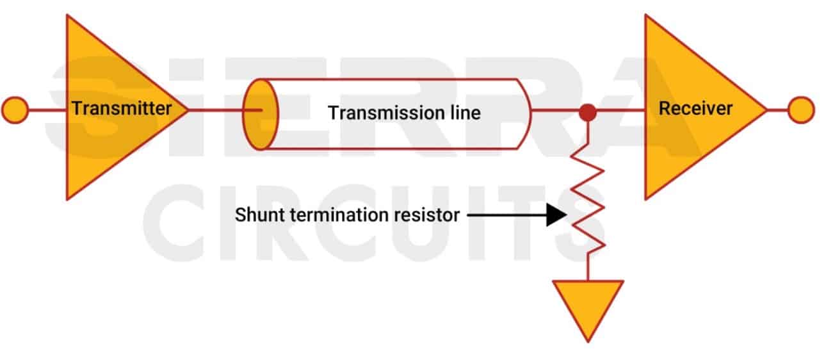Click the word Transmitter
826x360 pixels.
tap(121, 108)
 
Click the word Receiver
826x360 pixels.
tap(695, 108)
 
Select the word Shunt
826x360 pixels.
tap(255, 215)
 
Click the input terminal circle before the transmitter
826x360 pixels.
tap(15, 110)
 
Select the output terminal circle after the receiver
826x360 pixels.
tap(800, 110)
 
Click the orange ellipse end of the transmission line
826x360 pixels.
tap(261, 114)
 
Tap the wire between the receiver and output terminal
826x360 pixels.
tap(777, 110)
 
